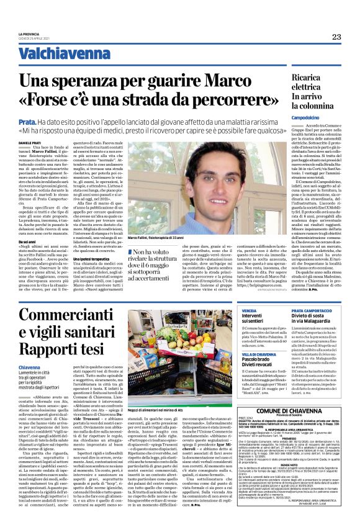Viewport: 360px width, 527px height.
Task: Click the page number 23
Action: point(336,37)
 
